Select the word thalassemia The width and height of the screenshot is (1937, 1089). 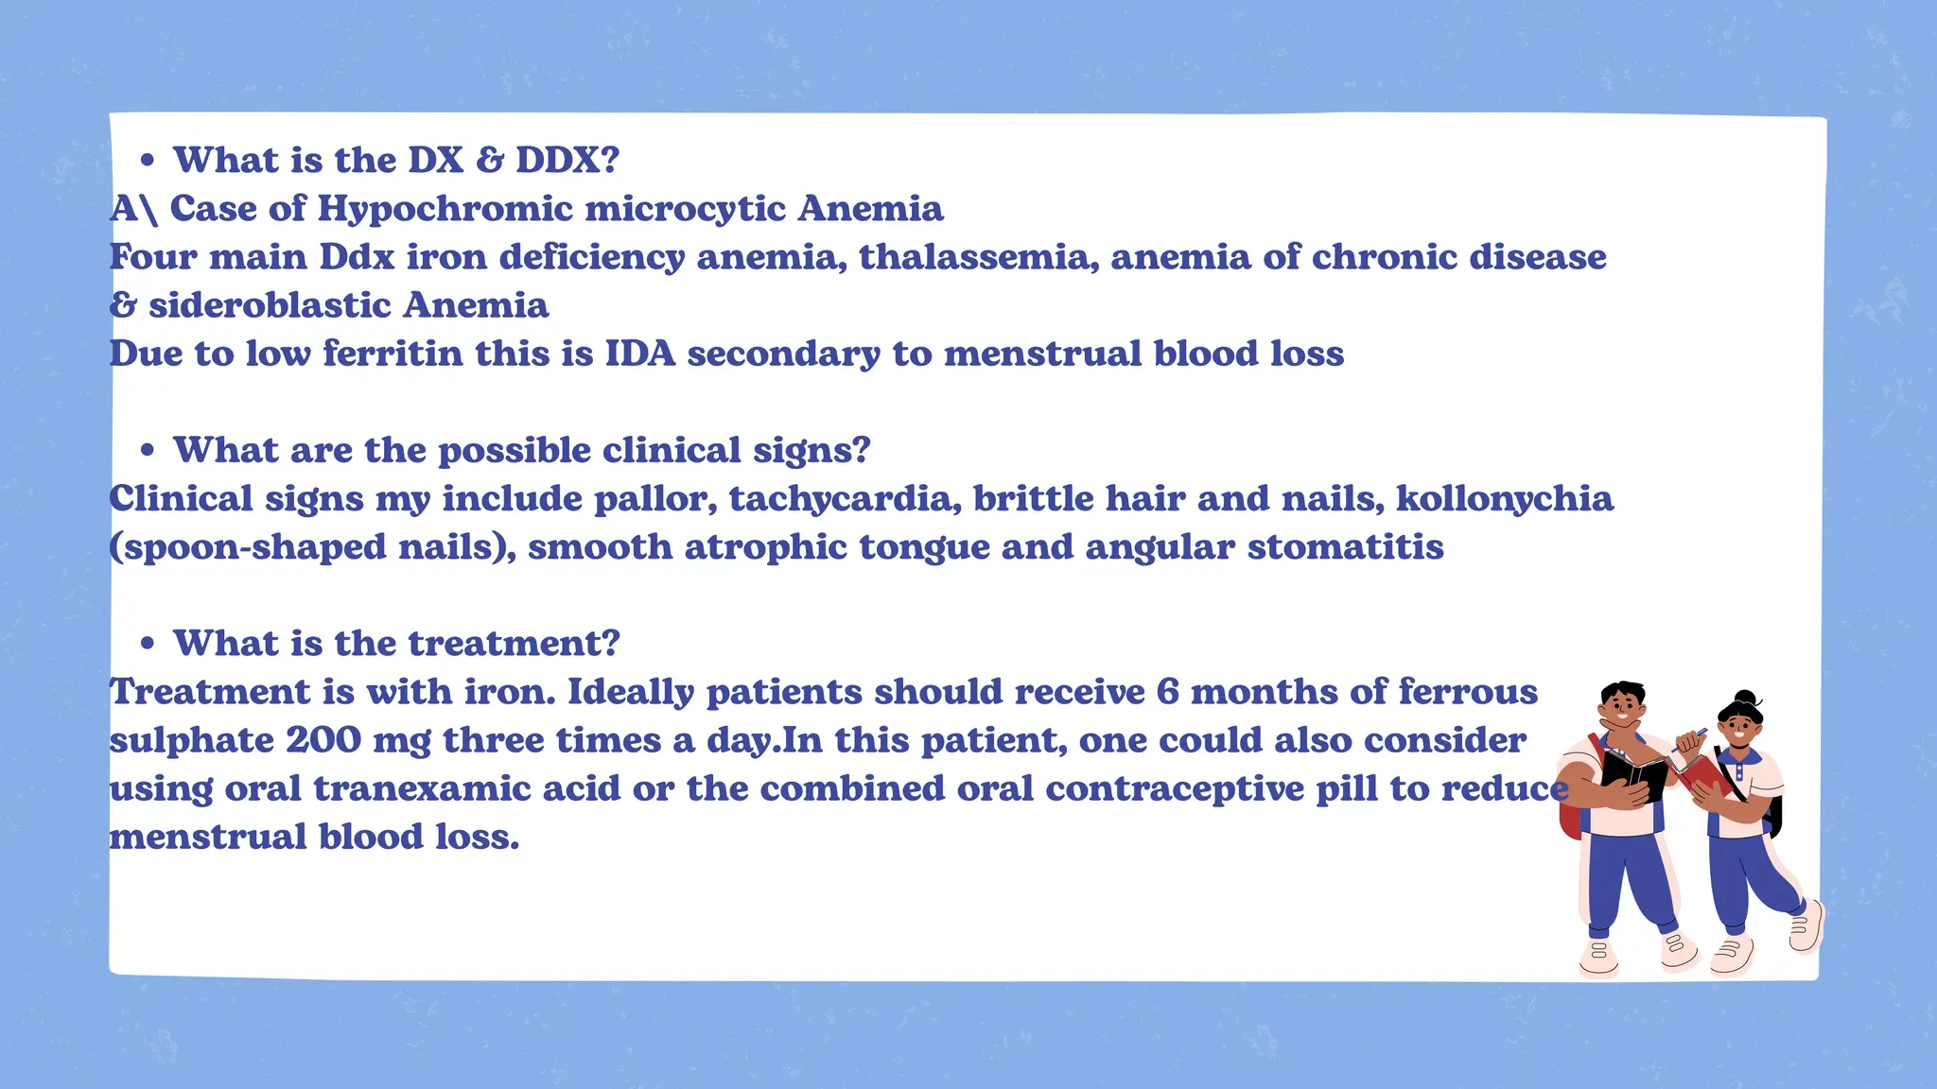(978, 257)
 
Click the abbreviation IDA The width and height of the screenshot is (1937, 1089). (640, 354)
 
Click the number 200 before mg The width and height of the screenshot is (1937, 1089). (323, 740)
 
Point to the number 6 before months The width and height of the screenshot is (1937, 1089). (1167, 692)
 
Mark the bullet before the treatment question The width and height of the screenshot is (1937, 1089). (147, 645)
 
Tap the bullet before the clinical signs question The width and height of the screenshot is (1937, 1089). (147, 451)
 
